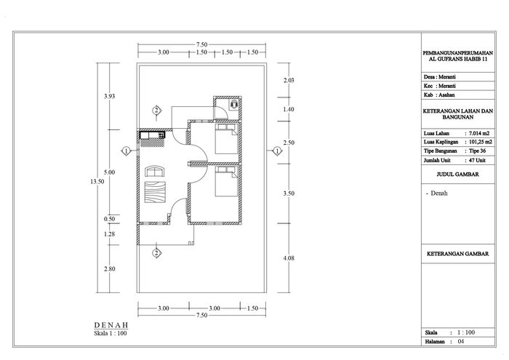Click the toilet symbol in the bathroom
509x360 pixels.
[233, 105]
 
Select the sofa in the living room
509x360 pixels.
[155, 171]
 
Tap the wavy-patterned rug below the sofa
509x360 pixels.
[155, 192]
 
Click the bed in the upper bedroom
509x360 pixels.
[227, 139]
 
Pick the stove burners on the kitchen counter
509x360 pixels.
[161, 135]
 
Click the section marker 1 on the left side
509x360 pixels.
[126, 151]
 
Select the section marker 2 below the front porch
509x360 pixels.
[157, 253]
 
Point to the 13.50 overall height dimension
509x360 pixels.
[97, 182]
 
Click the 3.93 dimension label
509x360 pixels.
[109, 96]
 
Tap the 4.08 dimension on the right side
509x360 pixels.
[289, 258]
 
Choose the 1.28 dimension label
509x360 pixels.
[109, 234]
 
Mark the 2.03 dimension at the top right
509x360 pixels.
[289, 80]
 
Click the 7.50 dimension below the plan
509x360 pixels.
[201, 315]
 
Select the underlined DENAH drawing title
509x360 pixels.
[111, 325]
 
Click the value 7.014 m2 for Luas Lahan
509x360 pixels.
[478, 133]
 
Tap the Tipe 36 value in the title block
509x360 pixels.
[477, 151]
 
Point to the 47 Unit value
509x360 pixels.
[477, 160]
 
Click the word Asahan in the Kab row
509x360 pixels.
[446, 95]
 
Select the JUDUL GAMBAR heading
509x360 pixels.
[457, 175]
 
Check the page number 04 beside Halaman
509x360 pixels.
[461, 342]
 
